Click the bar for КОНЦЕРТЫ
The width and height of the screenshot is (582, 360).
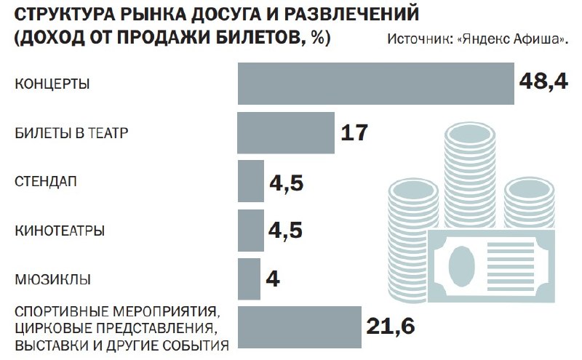[x=375, y=84]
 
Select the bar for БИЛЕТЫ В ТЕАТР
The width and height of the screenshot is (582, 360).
[x=286, y=132]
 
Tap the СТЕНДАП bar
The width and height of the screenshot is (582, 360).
[x=250, y=181]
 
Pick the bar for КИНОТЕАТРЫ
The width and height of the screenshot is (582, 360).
[x=250, y=230]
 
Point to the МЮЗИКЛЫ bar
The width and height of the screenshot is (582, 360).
[x=249, y=279]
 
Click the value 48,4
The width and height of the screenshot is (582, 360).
[x=542, y=81]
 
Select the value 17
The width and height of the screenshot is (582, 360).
[x=354, y=133]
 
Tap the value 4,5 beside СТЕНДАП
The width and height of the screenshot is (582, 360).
[x=285, y=182]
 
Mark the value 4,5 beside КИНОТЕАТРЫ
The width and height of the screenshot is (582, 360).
[x=285, y=231]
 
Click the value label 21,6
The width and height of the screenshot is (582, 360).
[x=390, y=327]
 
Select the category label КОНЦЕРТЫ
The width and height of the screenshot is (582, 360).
[x=52, y=84]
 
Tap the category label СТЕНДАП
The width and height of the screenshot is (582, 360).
[x=46, y=181]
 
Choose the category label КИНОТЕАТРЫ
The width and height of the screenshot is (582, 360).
[x=60, y=231]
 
